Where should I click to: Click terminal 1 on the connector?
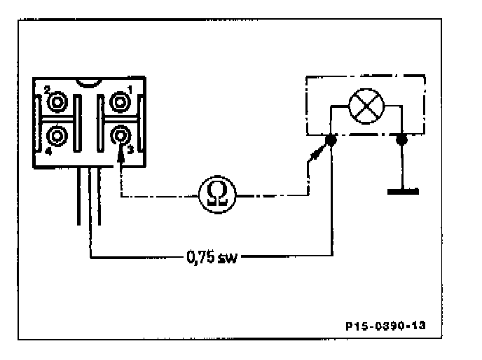120,102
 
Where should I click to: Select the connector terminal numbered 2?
57,102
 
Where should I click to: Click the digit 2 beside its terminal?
47,90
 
